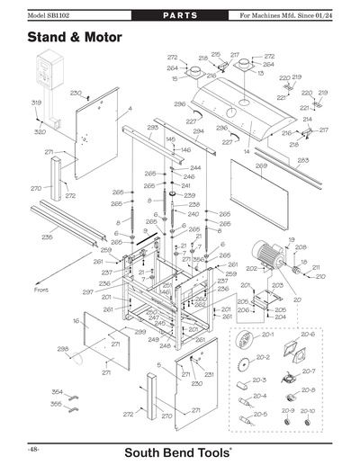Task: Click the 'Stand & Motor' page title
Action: (x=74, y=38)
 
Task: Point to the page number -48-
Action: (x=31, y=447)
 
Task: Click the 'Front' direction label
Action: (x=41, y=290)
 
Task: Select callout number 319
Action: (x=37, y=103)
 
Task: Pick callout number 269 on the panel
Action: (x=261, y=166)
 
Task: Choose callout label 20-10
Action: (x=308, y=410)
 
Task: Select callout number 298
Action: (x=63, y=349)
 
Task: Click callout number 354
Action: (x=57, y=392)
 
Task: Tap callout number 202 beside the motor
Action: (x=251, y=268)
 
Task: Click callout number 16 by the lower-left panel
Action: (x=77, y=319)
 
